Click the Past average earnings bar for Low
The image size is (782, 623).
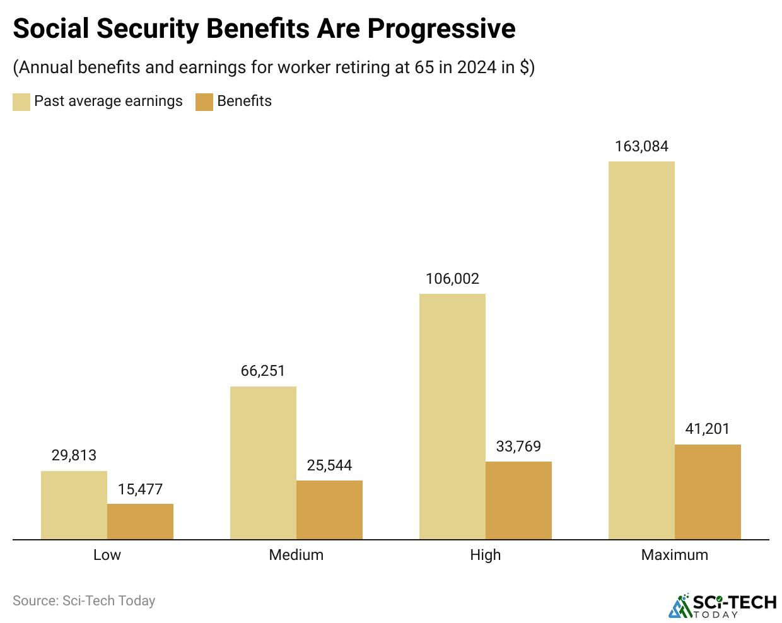(x=74, y=505)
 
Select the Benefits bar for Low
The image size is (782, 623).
(x=140, y=521)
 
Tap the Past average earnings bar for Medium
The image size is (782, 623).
(x=263, y=463)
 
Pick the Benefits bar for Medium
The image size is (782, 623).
(x=329, y=509)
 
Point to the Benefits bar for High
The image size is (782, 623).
(x=518, y=500)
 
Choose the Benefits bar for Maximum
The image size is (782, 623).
(x=708, y=492)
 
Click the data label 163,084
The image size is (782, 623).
(x=641, y=146)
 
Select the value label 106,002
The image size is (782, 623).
(x=452, y=279)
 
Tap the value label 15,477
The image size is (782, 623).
(x=140, y=489)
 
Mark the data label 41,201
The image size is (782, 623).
(x=708, y=429)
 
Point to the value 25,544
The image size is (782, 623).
(x=329, y=465)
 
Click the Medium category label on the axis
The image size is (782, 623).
(x=296, y=555)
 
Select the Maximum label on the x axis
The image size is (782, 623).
(x=674, y=555)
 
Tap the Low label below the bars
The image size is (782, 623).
(x=107, y=555)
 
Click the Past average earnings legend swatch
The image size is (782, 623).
(x=21, y=102)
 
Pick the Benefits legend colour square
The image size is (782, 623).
(x=204, y=102)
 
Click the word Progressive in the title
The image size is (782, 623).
(x=441, y=28)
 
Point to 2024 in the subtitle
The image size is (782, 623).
(x=477, y=67)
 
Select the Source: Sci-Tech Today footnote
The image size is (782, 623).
(x=84, y=601)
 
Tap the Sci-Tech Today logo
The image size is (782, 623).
(x=723, y=605)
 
